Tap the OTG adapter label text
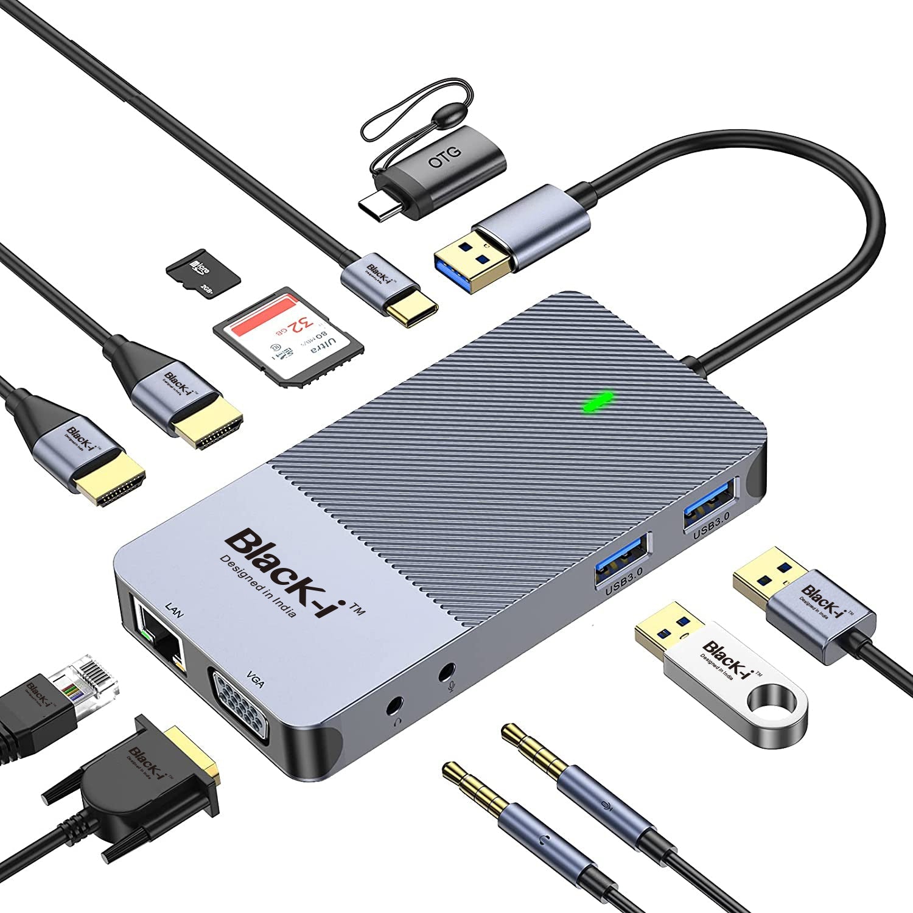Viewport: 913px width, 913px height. (x=445, y=156)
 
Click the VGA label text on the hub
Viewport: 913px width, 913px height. (x=256, y=679)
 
